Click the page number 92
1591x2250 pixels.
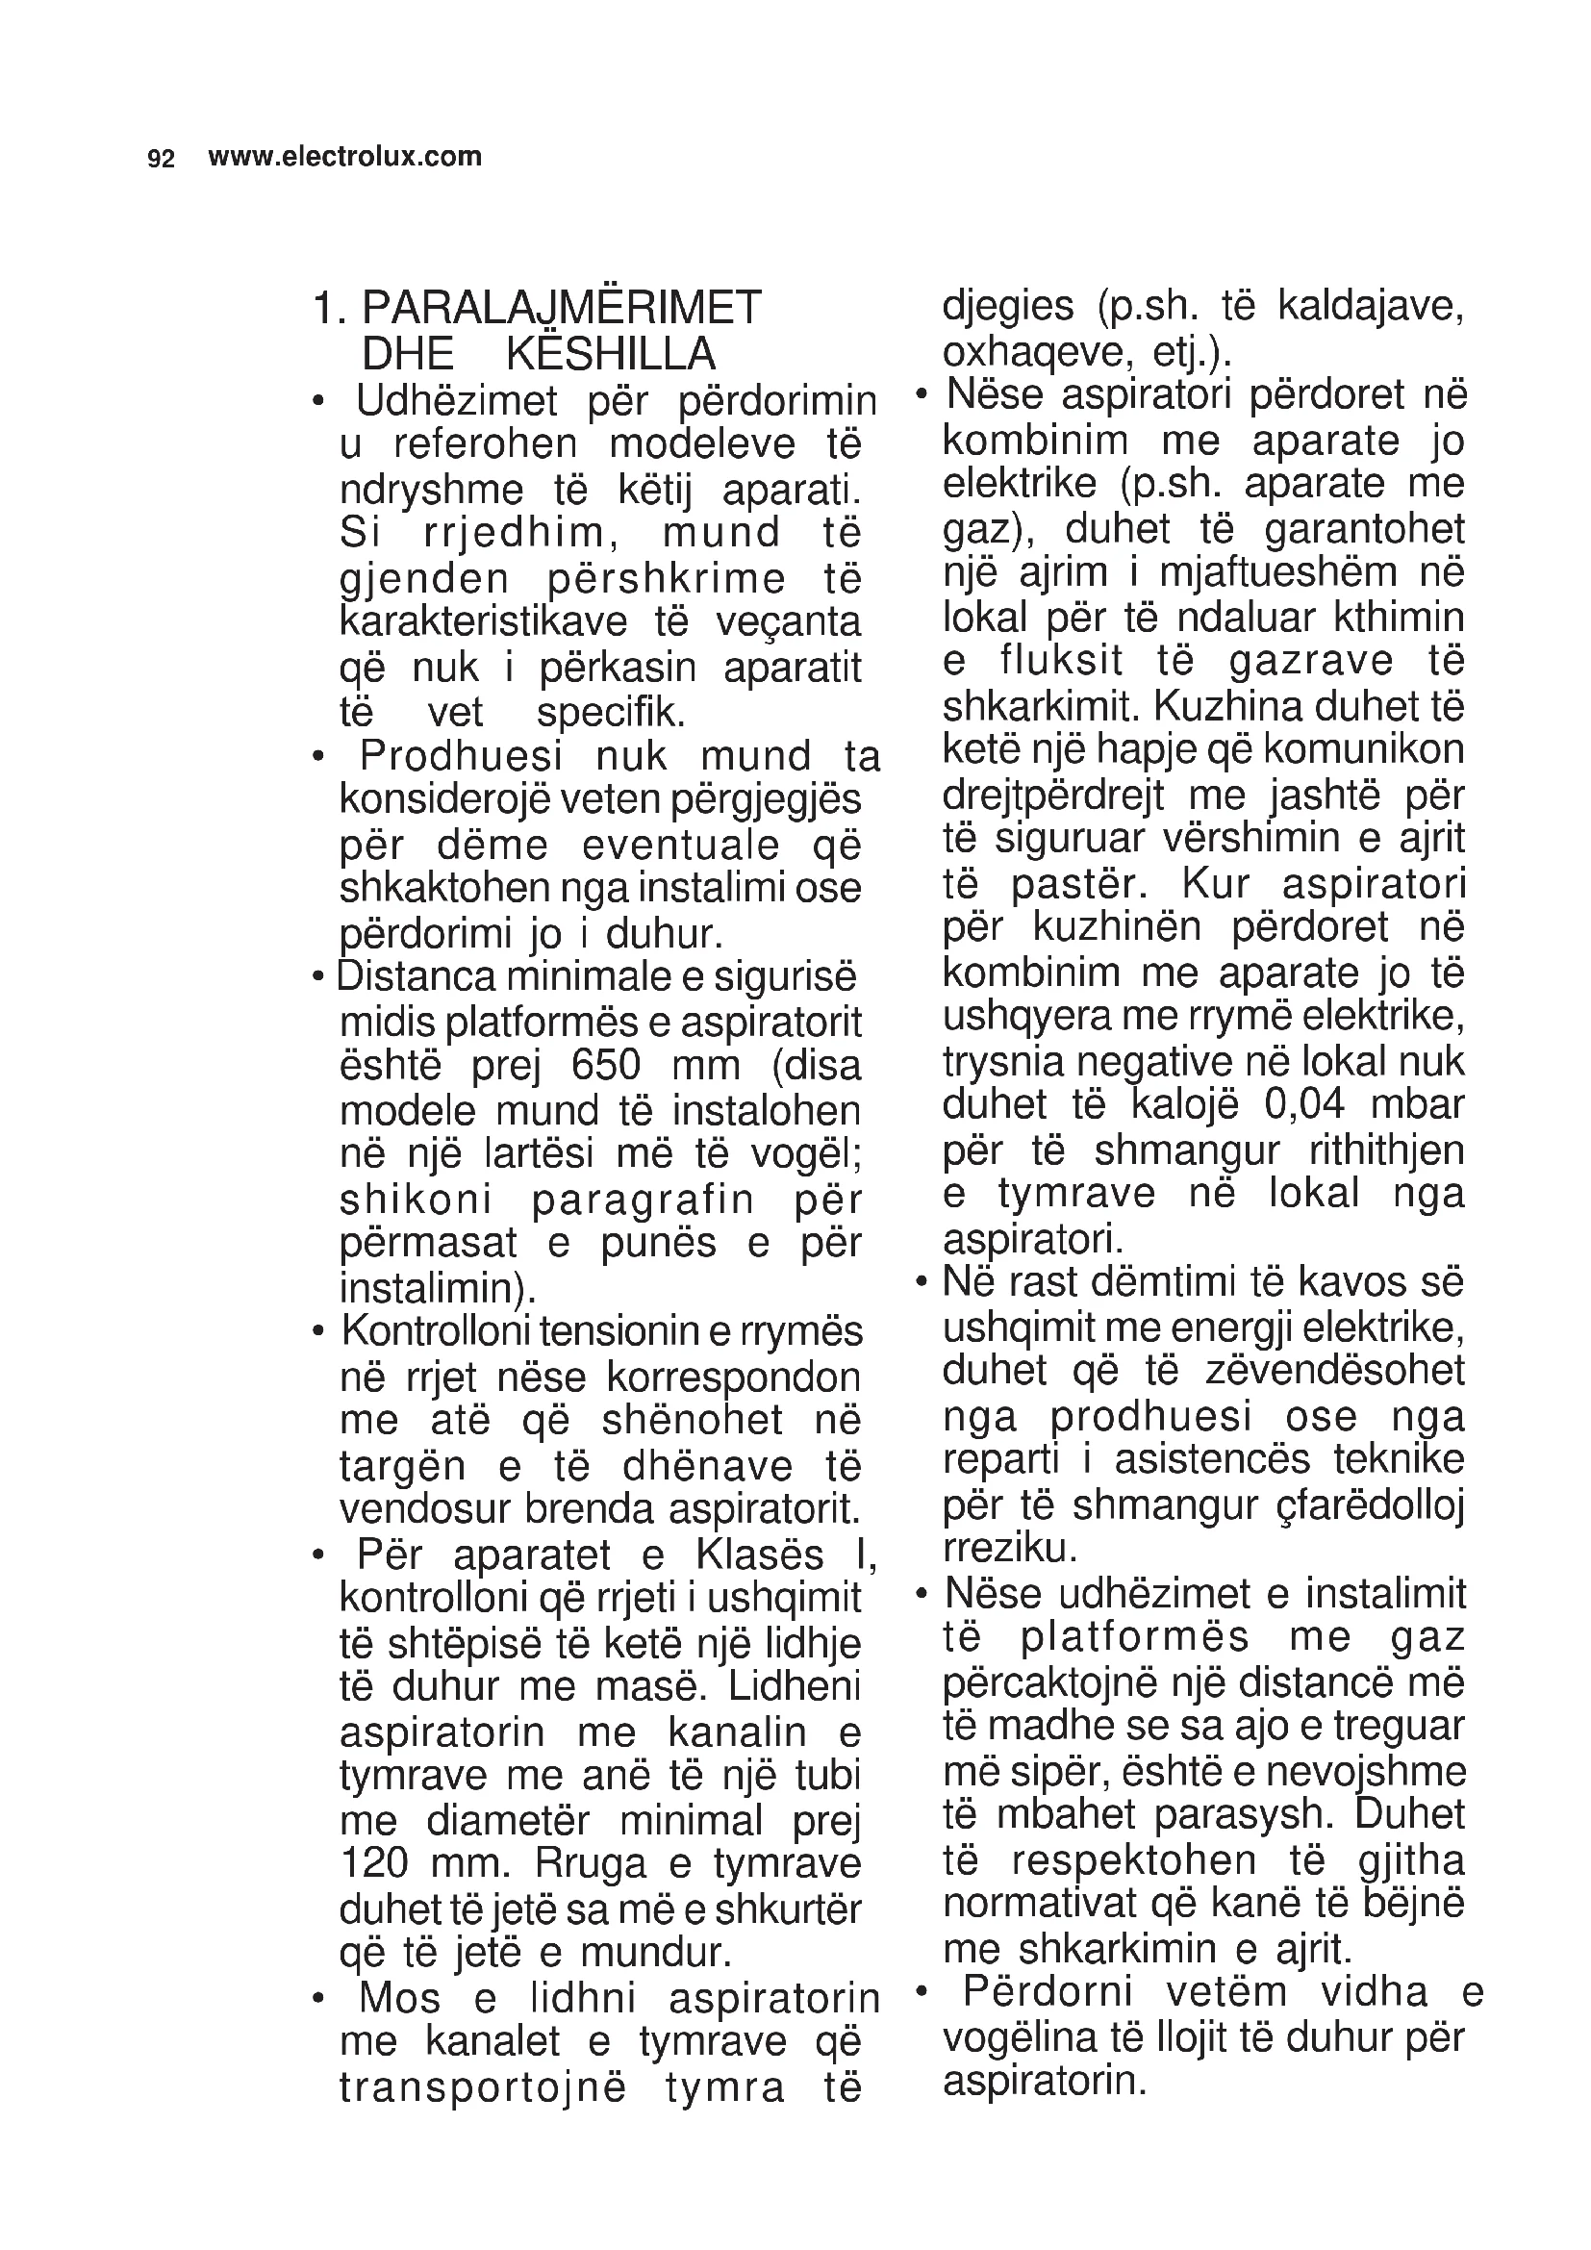tap(161, 159)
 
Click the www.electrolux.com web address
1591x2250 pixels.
tap(345, 157)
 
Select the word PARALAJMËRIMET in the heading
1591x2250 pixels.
tap(562, 309)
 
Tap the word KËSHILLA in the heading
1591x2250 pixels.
tap(611, 354)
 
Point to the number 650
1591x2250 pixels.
tap(606, 1065)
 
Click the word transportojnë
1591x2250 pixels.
tap(483, 2088)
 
